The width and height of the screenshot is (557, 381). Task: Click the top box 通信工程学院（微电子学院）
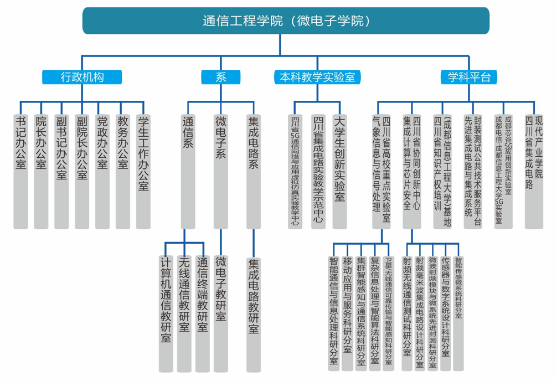tap(286, 20)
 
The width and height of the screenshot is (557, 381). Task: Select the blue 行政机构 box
tap(82, 77)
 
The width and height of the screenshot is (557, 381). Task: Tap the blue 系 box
tap(220, 77)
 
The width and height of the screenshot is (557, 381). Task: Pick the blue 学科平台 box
tap(469, 77)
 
